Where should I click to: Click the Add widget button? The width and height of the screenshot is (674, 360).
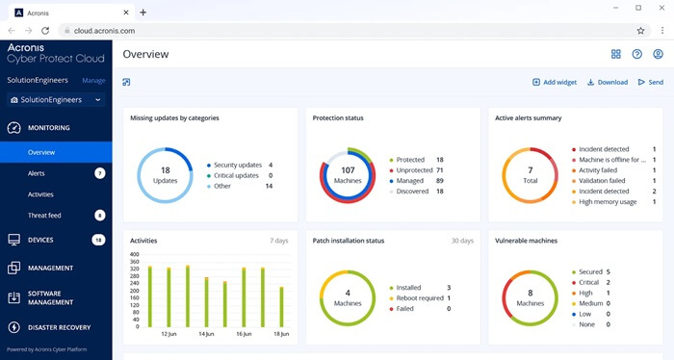[x=555, y=83]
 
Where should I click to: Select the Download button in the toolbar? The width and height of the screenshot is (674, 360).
[x=607, y=83]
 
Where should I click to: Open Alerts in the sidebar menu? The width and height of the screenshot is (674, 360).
[x=37, y=173]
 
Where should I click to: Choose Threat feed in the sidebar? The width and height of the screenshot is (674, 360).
[x=45, y=215]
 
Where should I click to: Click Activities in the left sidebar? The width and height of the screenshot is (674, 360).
[x=41, y=193]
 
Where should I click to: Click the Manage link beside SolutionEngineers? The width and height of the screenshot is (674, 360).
[x=93, y=81]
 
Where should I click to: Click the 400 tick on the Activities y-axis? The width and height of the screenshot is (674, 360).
[x=135, y=254]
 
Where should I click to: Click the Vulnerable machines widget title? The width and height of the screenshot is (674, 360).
[x=529, y=240]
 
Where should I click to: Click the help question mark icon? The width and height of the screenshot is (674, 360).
[x=636, y=54]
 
